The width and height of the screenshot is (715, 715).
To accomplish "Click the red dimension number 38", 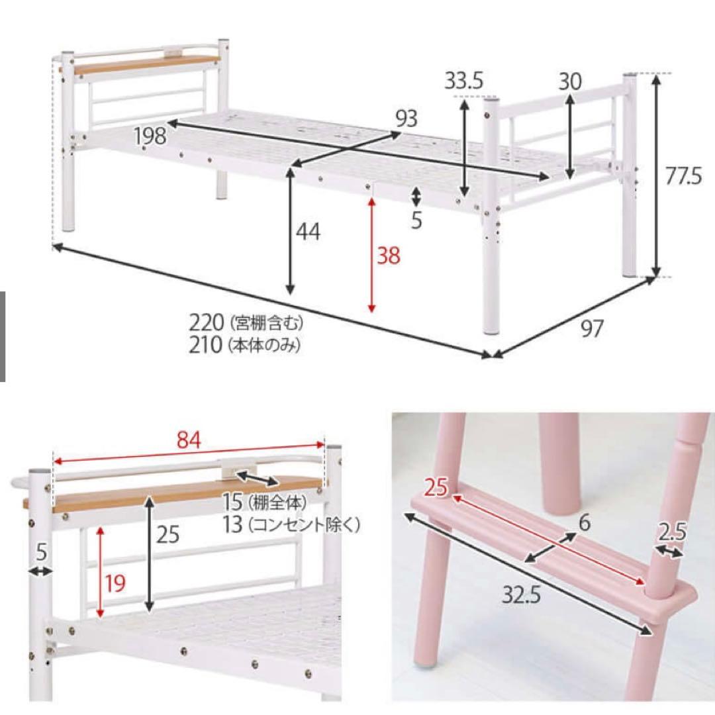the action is [389, 256].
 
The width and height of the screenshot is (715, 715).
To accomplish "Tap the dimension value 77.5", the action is [683, 176].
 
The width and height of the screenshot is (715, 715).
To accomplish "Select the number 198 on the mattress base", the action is [150, 136].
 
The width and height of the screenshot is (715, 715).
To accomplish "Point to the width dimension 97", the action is [592, 328].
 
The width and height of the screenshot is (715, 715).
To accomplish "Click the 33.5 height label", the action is [463, 81].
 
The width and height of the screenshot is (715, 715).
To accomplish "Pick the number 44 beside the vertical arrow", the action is [309, 232].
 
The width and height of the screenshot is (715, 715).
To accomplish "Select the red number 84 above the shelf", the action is [188, 440].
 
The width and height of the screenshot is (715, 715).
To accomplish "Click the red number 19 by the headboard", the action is [115, 583].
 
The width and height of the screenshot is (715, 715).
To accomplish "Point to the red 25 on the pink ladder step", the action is [436, 487].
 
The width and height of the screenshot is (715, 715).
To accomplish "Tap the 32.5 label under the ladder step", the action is [521, 595].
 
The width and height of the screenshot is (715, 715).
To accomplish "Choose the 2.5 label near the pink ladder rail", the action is [672, 532].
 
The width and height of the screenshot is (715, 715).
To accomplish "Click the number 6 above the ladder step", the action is [584, 523].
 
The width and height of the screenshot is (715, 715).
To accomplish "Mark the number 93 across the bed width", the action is [406, 119].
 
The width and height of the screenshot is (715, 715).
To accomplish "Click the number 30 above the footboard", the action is [570, 81].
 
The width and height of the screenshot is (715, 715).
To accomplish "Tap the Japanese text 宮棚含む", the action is [267, 323].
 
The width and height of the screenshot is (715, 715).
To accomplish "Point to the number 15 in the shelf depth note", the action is [232, 502].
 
